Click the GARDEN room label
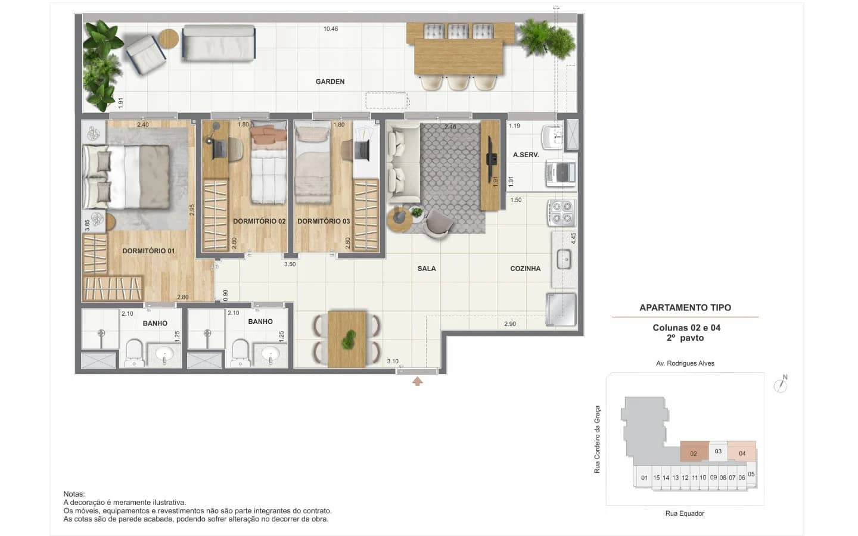coord(330,82)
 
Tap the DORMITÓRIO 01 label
coord(148,251)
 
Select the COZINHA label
coord(525,269)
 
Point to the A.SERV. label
coord(526,155)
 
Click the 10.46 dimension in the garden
coord(331,29)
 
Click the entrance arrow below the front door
coord(418,381)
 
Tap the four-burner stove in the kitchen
coord(561,213)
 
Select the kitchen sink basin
coord(564,259)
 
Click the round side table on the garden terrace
coord(169,39)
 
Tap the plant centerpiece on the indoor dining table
coord(349,339)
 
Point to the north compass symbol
coord(781,384)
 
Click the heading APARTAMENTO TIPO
coord(685,307)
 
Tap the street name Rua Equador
coord(685,513)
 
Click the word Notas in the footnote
coord(74,494)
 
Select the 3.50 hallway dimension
coord(290,264)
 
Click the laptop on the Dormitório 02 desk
coord(219,149)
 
